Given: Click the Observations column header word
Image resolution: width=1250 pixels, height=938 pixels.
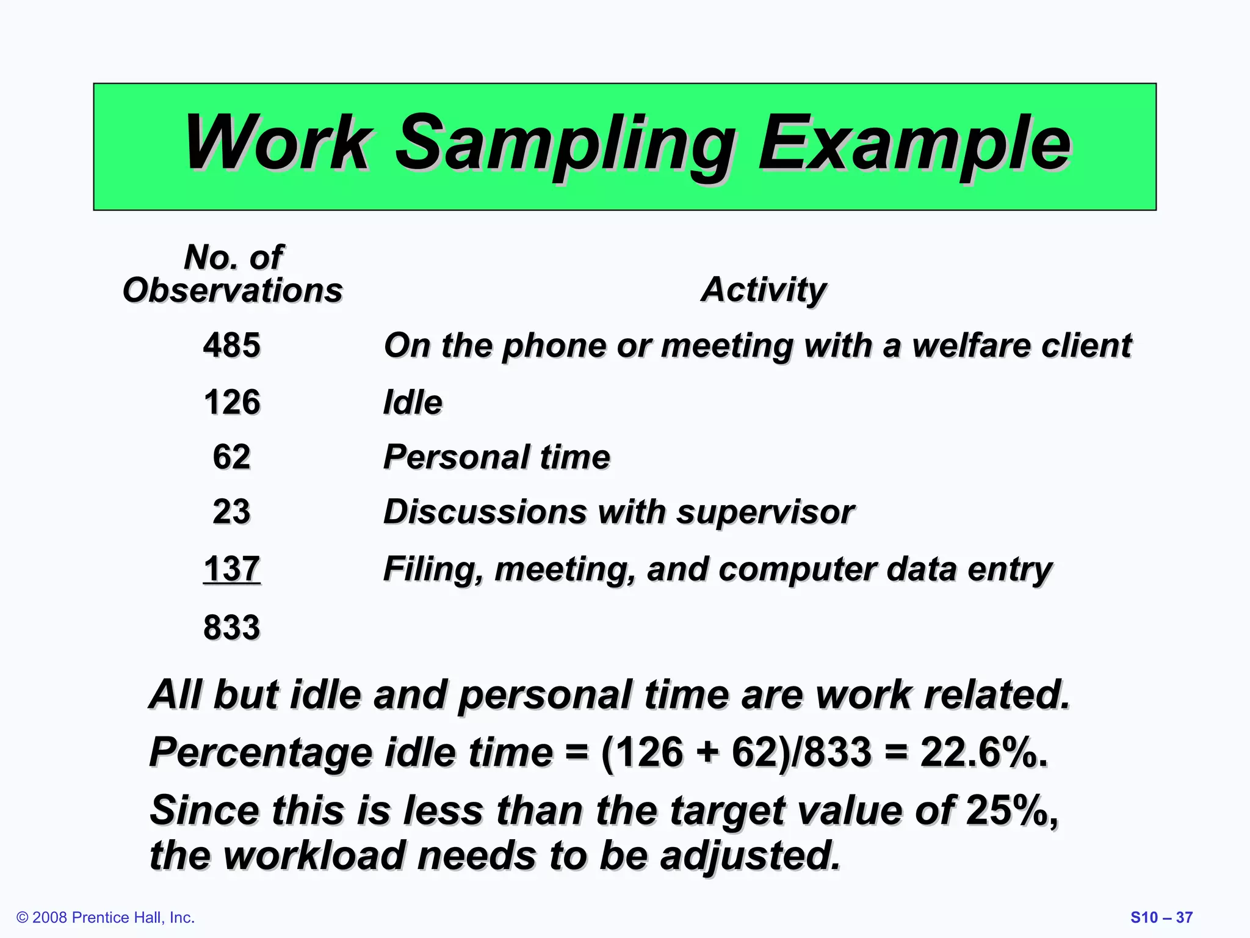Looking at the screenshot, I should pyautogui.click(x=233, y=290).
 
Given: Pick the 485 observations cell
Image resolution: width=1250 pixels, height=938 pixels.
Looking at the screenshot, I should pyautogui.click(x=232, y=345).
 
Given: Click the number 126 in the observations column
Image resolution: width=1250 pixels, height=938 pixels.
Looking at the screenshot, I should pyautogui.click(x=232, y=402).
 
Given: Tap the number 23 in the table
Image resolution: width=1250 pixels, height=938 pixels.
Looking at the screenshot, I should pyautogui.click(x=231, y=511).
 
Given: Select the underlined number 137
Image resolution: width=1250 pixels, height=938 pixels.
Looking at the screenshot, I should pyautogui.click(x=232, y=569).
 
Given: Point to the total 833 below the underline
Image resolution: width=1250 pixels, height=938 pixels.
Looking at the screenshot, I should pyautogui.click(x=232, y=627).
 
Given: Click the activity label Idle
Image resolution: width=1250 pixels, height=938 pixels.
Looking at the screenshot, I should pyautogui.click(x=413, y=402).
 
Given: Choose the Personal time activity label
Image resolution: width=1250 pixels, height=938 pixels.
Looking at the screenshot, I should pyautogui.click(x=496, y=457).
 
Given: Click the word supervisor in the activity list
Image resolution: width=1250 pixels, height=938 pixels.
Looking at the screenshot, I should pyautogui.click(x=765, y=512).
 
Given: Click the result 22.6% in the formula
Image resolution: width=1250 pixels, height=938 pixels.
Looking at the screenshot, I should pyautogui.click(x=983, y=752).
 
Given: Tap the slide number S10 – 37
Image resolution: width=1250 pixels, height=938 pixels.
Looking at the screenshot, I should pyautogui.click(x=1161, y=917).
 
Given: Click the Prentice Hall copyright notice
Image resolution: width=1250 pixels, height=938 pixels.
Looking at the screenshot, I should pyautogui.click(x=106, y=917).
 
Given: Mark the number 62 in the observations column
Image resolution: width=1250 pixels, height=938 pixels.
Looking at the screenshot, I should pyautogui.click(x=231, y=457).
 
